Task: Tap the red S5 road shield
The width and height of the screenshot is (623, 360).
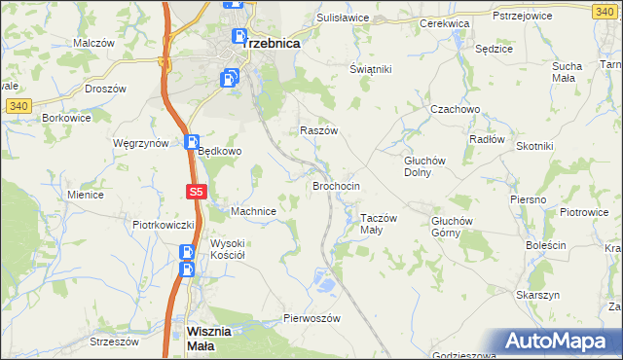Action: coord(196,193)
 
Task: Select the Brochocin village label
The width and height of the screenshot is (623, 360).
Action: coord(337,185)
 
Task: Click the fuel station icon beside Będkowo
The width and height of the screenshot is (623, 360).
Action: coord(192,142)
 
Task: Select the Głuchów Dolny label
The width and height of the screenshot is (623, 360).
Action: coord(424,166)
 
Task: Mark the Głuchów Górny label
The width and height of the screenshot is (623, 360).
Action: coord(452,226)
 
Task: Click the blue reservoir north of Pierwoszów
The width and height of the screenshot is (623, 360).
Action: coord(326,284)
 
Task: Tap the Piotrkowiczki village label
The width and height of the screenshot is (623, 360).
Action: coord(164,224)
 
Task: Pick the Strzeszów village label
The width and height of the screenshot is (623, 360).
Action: coord(115,342)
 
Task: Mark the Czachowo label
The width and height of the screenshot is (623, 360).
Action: coord(457,109)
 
